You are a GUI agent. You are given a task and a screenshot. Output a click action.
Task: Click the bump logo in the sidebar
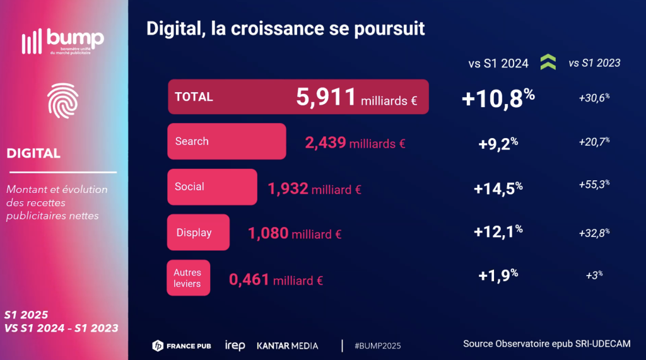63,41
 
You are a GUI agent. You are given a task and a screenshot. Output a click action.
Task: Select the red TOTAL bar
298,97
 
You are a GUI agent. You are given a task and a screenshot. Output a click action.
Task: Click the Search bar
226,141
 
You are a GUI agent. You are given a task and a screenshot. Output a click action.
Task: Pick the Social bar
212,187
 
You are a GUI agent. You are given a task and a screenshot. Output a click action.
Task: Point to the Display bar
197,233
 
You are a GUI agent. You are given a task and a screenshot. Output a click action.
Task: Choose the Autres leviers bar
188,278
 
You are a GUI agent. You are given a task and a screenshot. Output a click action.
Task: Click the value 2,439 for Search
326,142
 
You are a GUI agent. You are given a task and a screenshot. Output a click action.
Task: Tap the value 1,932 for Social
288,188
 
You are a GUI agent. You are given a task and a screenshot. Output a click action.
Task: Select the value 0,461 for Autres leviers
249,279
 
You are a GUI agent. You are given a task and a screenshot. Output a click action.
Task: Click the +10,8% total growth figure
498,98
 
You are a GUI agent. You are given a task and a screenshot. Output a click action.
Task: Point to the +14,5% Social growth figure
498,187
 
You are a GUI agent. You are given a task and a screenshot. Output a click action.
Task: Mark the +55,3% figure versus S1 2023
594,185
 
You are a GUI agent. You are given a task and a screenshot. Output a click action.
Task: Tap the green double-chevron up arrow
548,62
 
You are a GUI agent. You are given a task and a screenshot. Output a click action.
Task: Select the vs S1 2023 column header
594,62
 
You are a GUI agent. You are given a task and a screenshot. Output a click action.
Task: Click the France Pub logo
182,345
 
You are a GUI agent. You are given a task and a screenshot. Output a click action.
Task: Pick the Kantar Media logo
287,345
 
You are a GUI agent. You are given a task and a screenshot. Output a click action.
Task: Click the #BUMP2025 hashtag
378,345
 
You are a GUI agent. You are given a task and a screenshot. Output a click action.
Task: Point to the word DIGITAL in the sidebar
34,153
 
